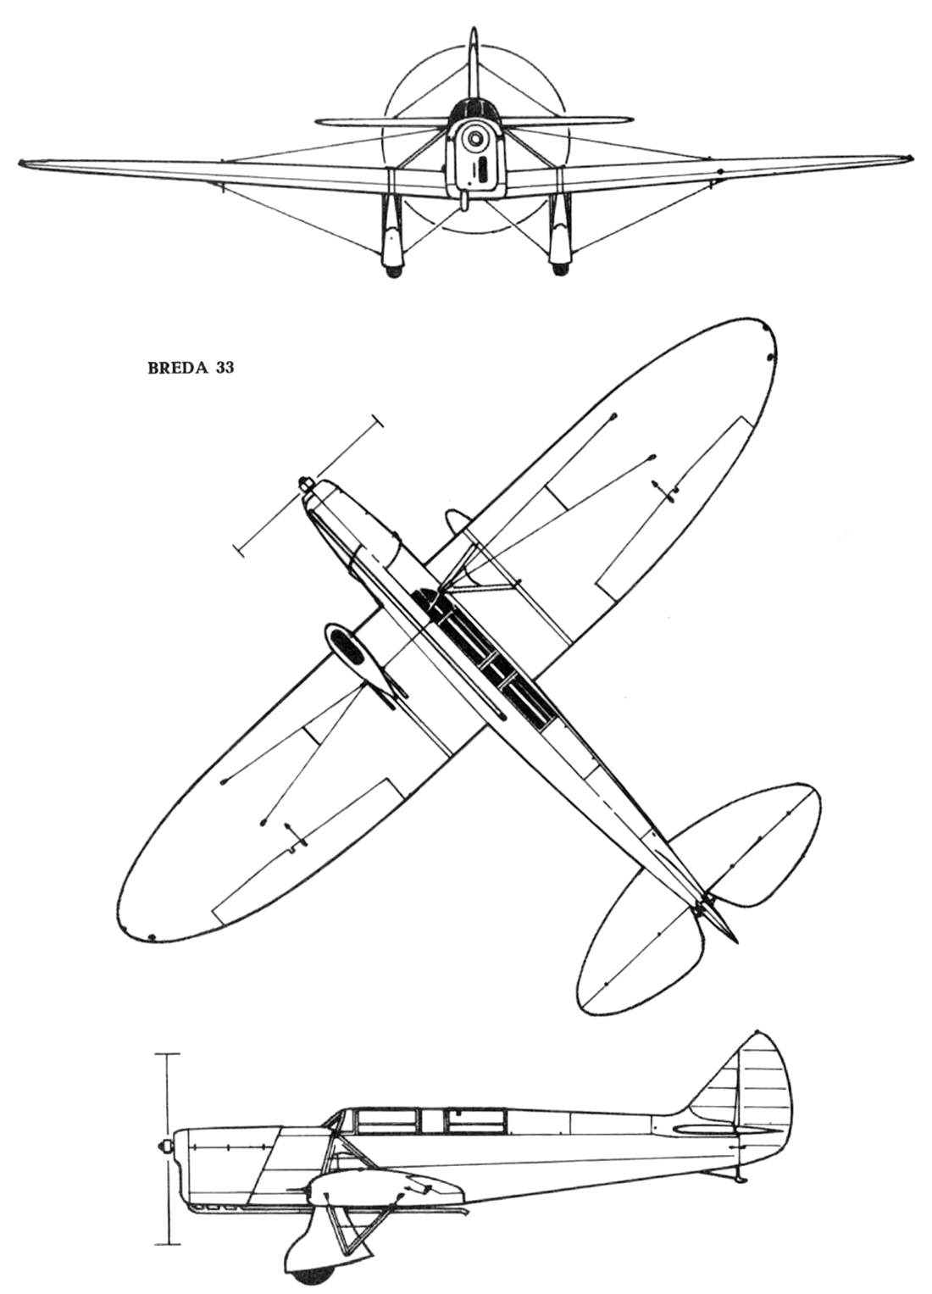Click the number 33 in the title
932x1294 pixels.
tap(225, 369)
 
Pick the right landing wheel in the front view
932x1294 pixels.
tap(559, 270)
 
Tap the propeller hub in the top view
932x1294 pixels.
tap(303, 484)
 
